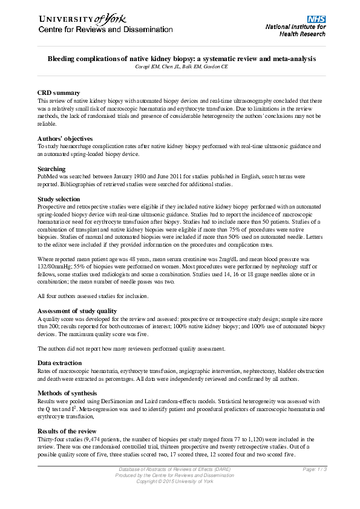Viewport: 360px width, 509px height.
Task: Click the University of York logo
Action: point(84,19)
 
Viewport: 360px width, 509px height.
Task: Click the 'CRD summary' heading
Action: point(59,92)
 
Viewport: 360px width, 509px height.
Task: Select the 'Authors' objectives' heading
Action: point(65,139)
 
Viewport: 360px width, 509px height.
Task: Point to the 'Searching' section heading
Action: point(53,169)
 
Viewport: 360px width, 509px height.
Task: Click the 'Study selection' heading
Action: point(59,199)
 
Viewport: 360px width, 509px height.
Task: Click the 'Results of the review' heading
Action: point(67,430)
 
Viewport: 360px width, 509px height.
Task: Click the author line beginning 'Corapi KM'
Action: point(182,66)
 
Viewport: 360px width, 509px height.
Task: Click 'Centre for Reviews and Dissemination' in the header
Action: point(106,30)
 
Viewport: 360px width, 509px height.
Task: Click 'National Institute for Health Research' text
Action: point(295,30)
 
